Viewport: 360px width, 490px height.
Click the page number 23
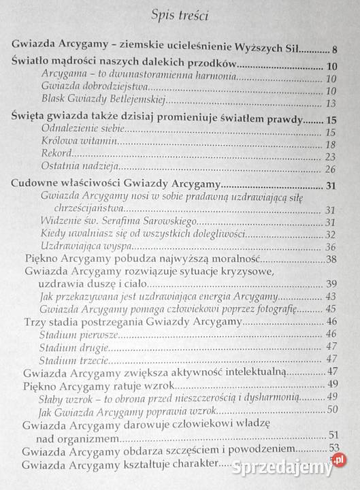pyautogui.click(x=332, y=156)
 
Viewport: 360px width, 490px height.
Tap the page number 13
pyautogui.click(x=332, y=103)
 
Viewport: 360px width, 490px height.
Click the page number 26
pyautogui.click(x=332, y=169)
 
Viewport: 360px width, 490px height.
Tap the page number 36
pyautogui.click(x=332, y=247)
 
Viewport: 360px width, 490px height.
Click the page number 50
pyautogui.click(x=333, y=409)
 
